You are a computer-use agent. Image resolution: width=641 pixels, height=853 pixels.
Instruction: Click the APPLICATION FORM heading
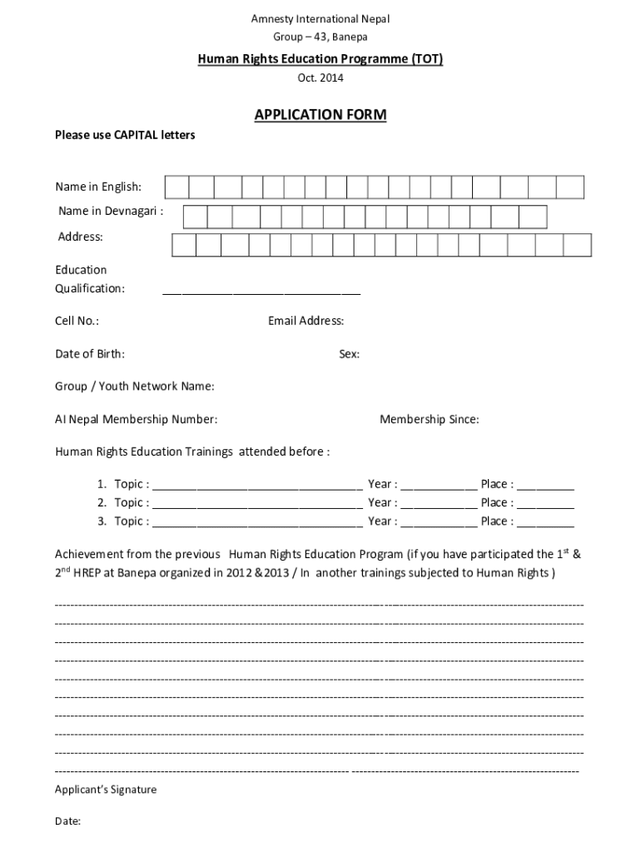tap(320, 115)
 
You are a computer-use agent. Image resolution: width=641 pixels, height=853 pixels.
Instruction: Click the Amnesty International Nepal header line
tap(320, 19)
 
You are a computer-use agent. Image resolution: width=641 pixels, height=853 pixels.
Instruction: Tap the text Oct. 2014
tap(320, 78)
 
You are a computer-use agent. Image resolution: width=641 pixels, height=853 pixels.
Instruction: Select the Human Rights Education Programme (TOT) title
tap(320, 59)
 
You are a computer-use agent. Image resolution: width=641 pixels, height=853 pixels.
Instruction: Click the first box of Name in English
tap(176, 187)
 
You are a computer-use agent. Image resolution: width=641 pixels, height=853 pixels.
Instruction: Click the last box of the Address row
tap(577, 245)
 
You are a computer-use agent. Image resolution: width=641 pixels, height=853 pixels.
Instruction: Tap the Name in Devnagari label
tap(110, 212)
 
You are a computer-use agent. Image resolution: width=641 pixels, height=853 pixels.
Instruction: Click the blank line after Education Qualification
tap(261, 290)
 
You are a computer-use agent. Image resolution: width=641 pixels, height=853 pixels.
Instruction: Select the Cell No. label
tap(77, 322)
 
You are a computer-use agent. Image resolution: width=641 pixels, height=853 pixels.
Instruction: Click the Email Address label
tap(306, 322)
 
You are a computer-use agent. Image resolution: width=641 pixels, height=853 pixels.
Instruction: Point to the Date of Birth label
tap(90, 354)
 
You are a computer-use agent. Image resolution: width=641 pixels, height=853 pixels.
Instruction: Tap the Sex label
tap(349, 354)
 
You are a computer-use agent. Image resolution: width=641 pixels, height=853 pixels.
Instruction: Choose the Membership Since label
tap(429, 420)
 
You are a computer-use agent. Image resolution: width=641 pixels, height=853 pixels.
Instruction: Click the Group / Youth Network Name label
tap(135, 387)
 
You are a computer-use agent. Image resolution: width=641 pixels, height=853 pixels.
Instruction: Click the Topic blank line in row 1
tap(257, 486)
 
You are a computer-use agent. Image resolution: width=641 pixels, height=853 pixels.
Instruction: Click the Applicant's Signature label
tap(106, 790)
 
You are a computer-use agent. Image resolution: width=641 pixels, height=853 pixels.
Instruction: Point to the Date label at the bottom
tap(67, 821)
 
